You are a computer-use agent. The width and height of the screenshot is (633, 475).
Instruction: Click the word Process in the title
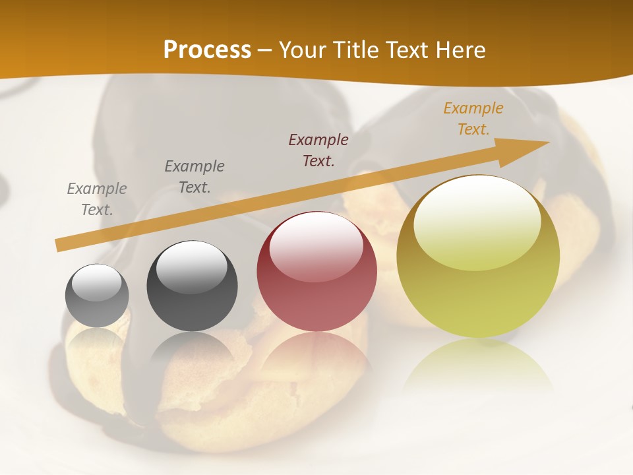(x=207, y=50)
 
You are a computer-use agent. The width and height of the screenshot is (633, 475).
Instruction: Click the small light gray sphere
(x=97, y=296)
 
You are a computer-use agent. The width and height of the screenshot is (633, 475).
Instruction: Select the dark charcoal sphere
(x=192, y=288)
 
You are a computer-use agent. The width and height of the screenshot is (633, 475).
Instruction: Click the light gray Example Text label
(x=97, y=199)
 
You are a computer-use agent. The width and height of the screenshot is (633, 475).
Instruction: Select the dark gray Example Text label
(x=195, y=177)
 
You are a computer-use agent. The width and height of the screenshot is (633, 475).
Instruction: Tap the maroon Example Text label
(x=318, y=150)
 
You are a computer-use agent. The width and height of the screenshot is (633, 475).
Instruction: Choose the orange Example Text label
(x=473, y=119)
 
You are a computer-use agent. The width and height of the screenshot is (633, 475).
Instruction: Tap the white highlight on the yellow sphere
(x=477, y=221)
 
